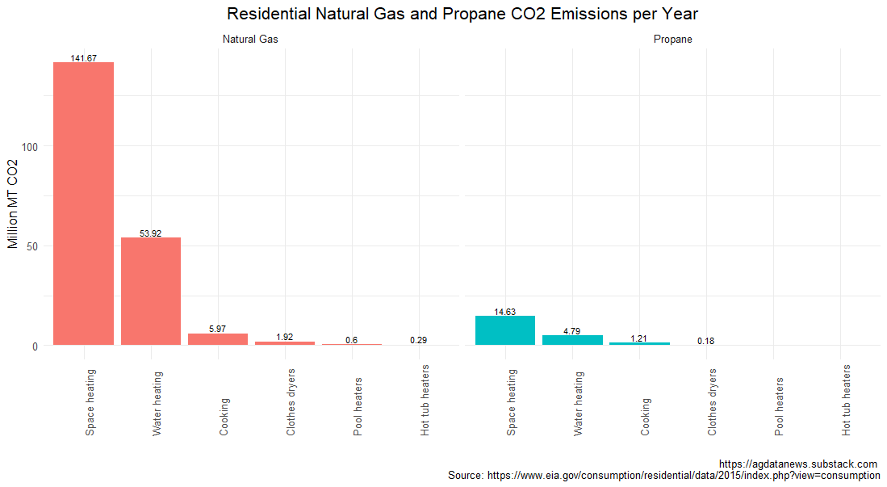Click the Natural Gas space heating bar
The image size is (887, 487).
[x=83, y=204]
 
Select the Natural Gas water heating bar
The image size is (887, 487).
[x=151, y=291]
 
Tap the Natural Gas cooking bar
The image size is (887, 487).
[x=218, y=339]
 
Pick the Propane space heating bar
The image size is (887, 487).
[x=505, y=330]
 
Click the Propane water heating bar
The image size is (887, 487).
[x=572, y=340]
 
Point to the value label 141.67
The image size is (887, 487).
[x=83, y=58]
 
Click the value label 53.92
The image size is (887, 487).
[x=150, y=233]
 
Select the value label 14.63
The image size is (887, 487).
[x=505, y=312]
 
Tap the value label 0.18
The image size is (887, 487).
[x=706, y=341]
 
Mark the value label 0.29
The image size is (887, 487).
[x=418, y=340]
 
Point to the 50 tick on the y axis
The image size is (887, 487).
[x=33, y=246]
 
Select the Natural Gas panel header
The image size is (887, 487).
[x=250, y=39]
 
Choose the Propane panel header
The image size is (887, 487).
[x=672, y=39]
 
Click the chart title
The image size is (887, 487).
[x=462, y=14]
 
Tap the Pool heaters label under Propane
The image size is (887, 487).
[x=779, y=406]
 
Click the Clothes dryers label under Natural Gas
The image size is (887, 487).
[x=291, y=402]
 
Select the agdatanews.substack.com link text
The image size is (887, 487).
[x=797, y=464]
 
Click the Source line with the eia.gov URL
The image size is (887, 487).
[x=663, y=476]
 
